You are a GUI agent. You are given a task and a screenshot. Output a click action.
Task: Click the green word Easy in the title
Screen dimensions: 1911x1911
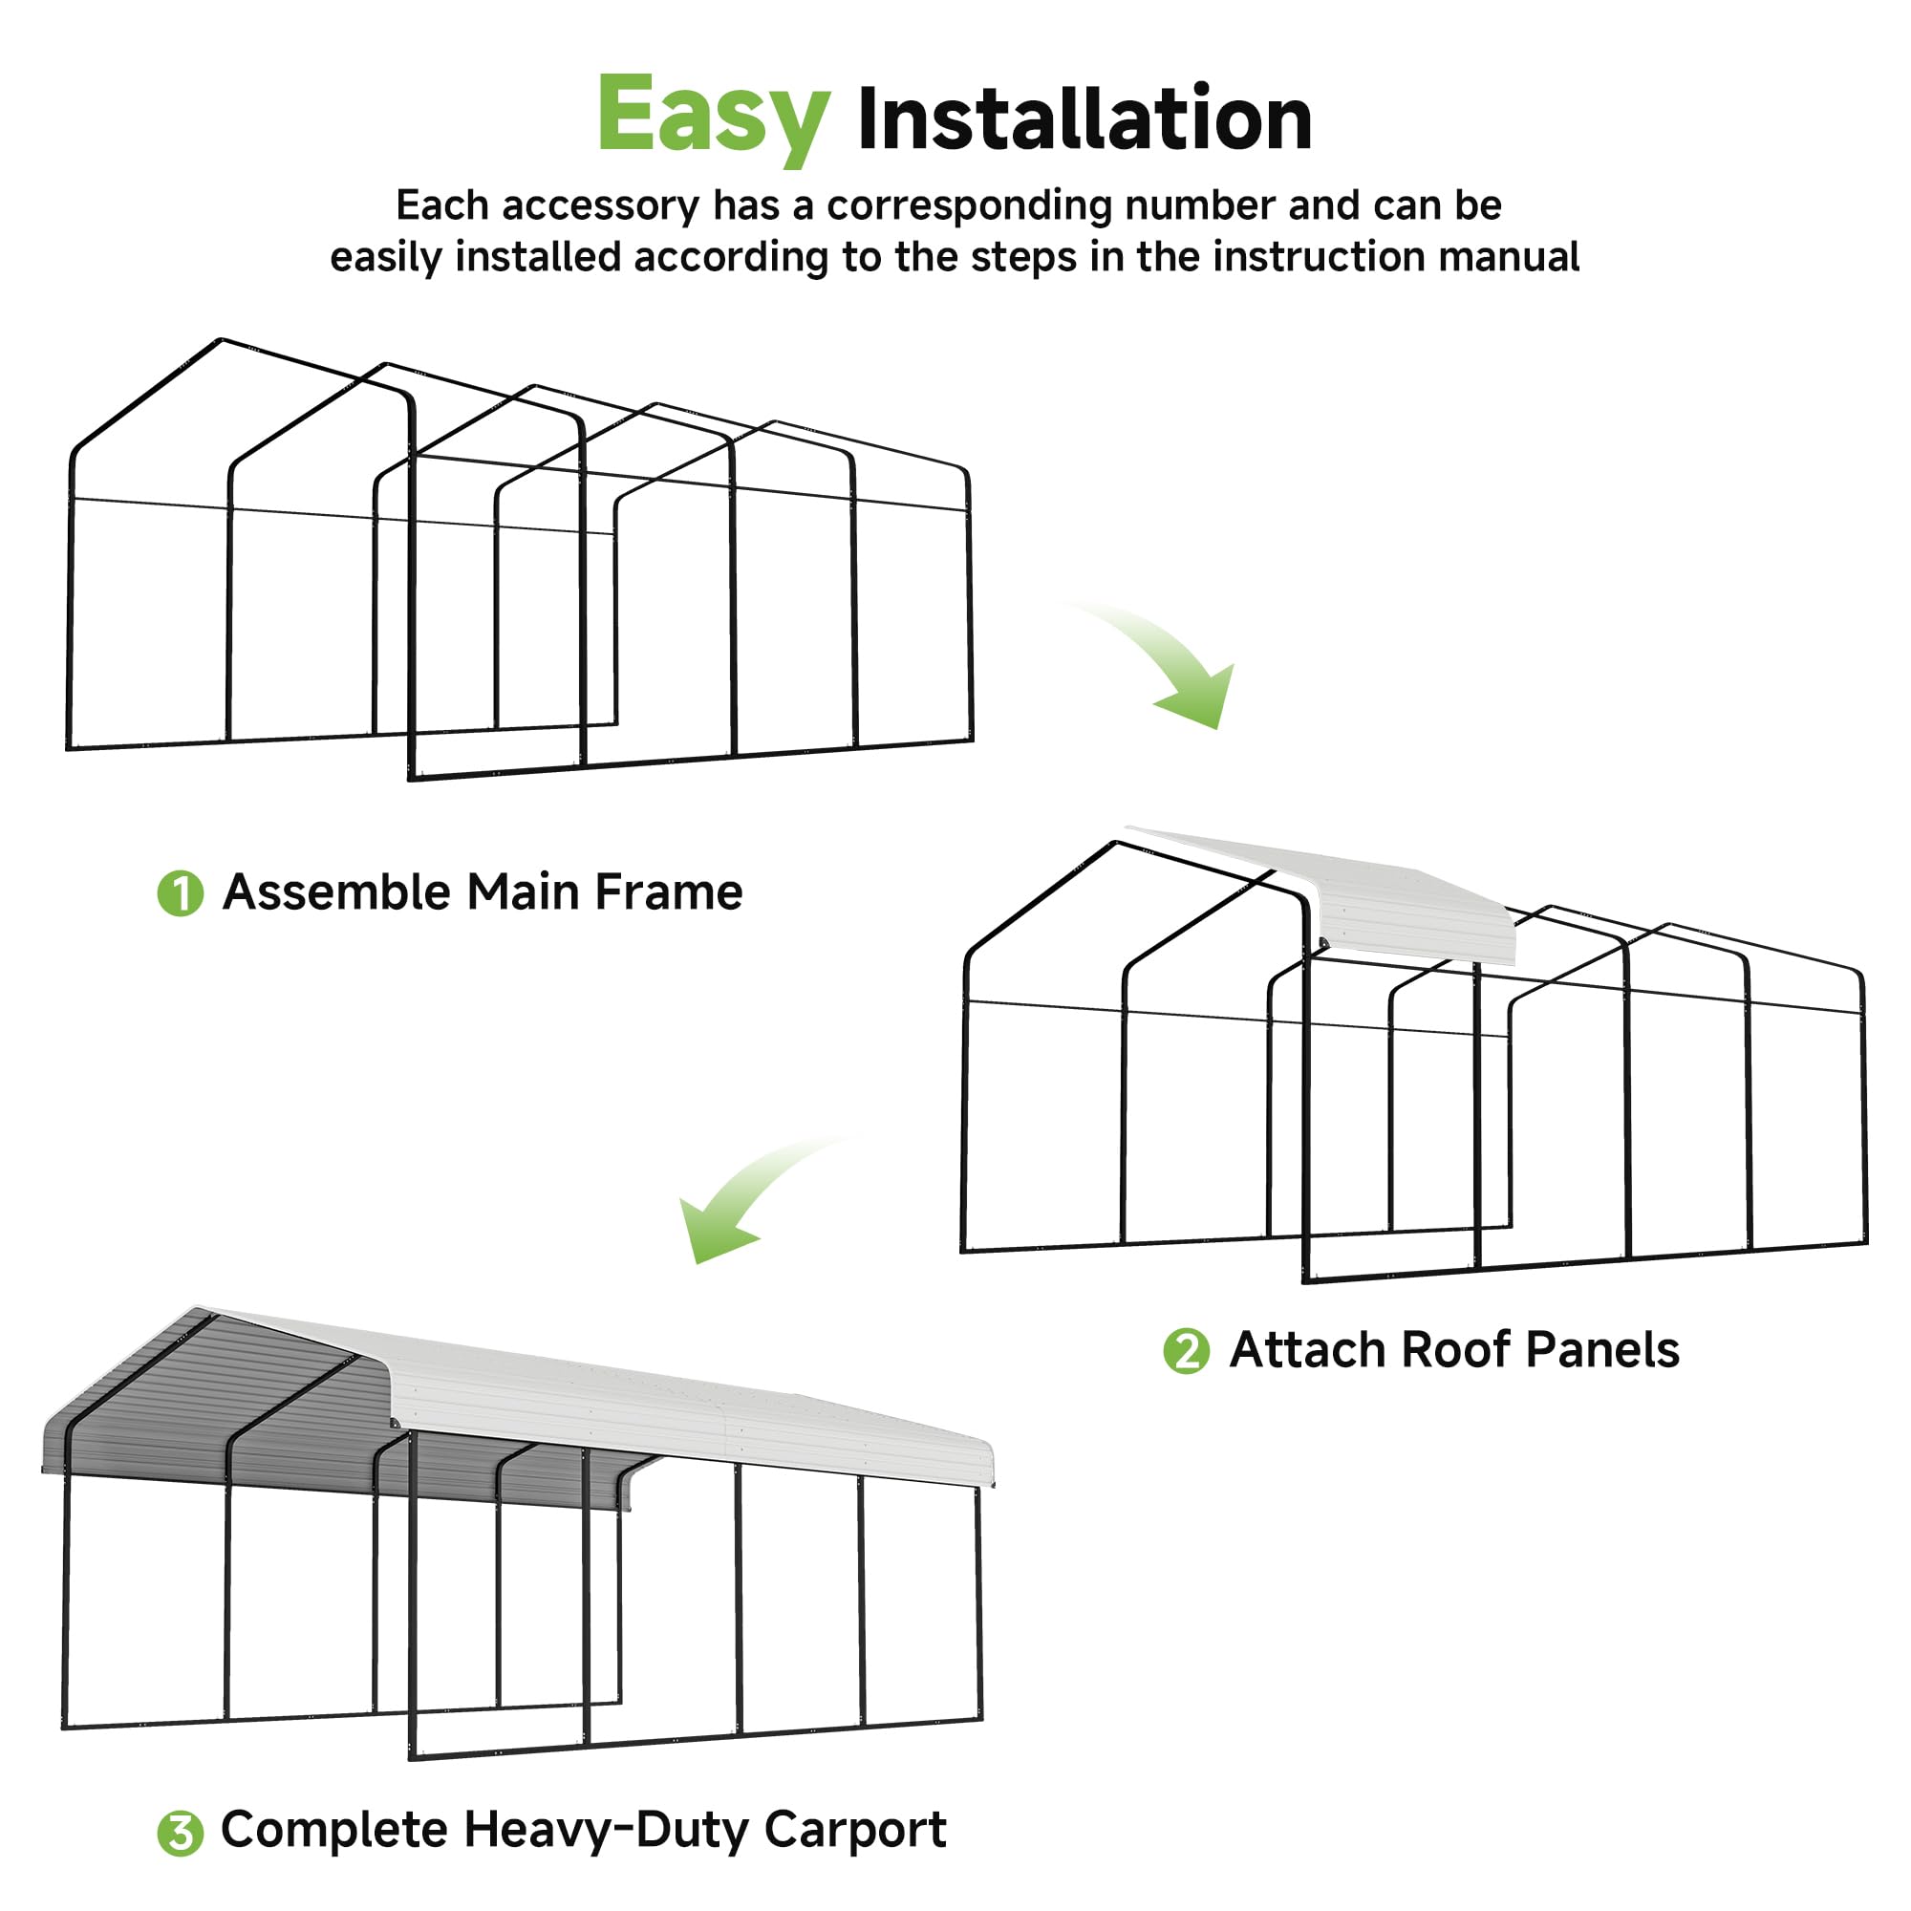pyautogui.click(x=712, y=116)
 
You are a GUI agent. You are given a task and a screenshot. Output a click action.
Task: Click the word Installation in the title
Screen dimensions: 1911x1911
pyautogui.click(x=1084, y=119)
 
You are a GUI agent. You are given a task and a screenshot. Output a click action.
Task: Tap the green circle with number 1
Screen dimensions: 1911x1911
pyautogui.click(x=180, y=893)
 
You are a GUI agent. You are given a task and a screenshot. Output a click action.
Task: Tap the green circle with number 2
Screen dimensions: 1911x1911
pyautogui.click(x=1186, y=1351)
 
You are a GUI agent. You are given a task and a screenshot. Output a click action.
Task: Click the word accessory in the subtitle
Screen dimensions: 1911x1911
pyautogui.click(x=600, y=205)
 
